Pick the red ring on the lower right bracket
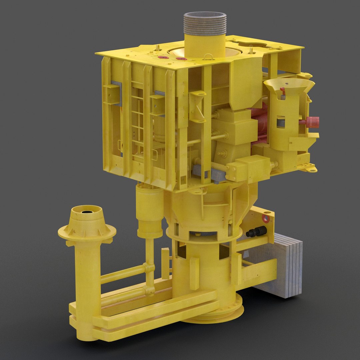point(266,218)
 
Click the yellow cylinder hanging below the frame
point(150,210)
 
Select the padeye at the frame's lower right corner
point(311,170)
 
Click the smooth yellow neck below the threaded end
point(205,45)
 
